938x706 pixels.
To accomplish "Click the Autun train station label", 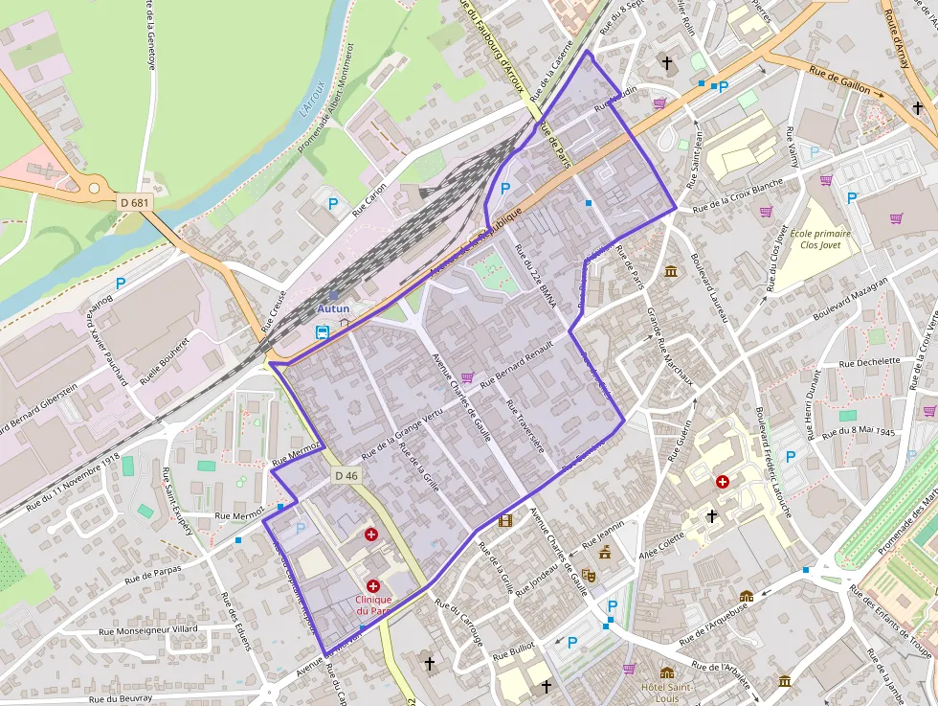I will tap(333, 309).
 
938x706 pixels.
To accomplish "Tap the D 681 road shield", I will tap(135, 203).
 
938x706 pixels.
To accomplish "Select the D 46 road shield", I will tap(346, 476).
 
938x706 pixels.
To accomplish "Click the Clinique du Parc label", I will tap(373, 604).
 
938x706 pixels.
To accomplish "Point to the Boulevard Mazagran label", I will tap(850, 300).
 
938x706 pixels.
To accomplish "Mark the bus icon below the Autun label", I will tap(323, 332).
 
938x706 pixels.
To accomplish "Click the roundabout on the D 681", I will tap(93, 188).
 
